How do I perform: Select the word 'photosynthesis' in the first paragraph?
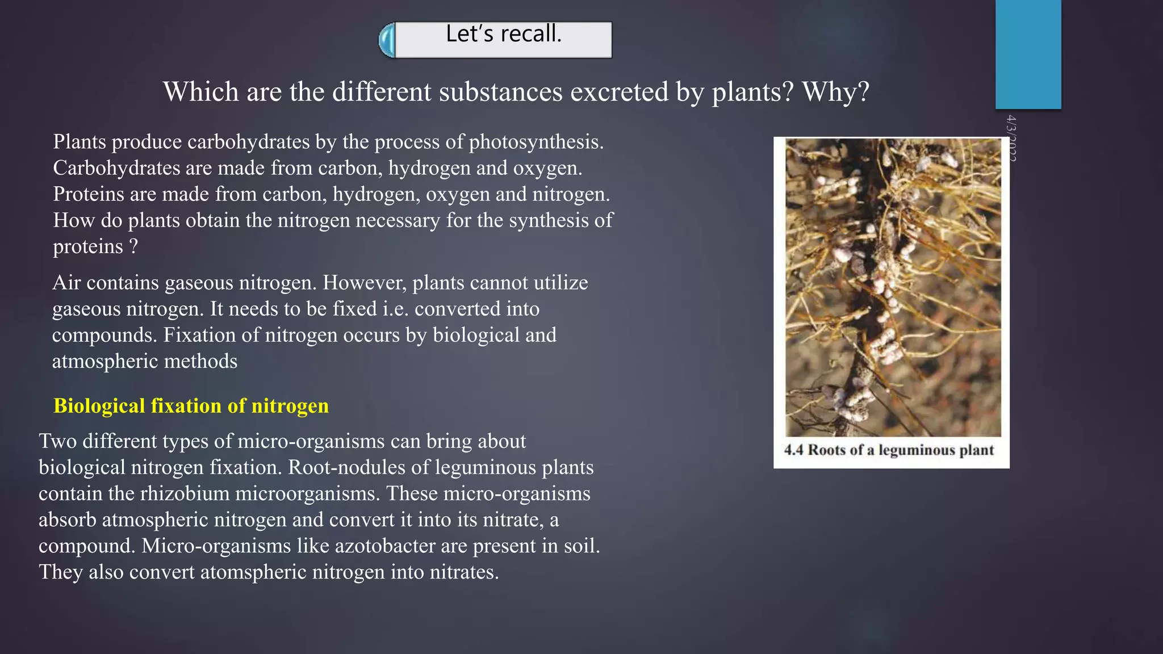click(536, 142)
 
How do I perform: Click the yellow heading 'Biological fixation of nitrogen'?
click(191, 406)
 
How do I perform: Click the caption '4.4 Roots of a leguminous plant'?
click(889, 450)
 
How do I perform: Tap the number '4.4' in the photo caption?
click(793, 450)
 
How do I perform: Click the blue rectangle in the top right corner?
click(1028, 54)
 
